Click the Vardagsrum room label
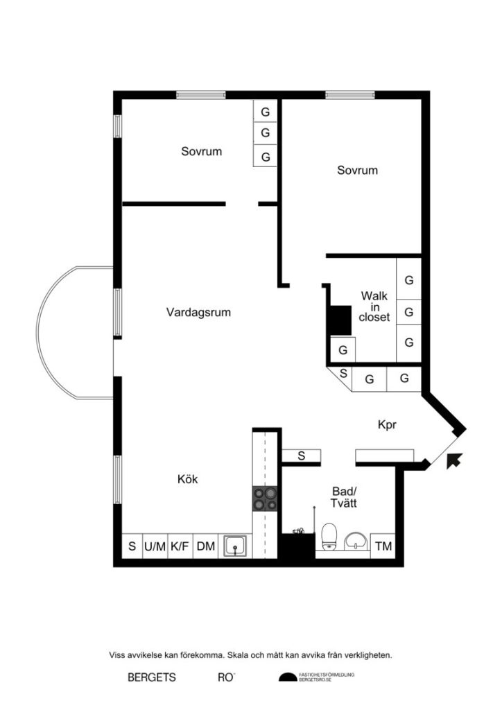click(198, 313)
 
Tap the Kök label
click(188, 479)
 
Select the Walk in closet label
click(375, 306)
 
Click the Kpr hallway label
click(387, 425)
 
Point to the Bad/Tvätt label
click(343, 497)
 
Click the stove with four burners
click(266, 498)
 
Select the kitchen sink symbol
click(236, 546)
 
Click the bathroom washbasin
click(356, 541)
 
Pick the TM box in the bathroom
click(383, 546)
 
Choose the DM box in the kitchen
click(205, 546)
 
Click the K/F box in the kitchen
click(180, 546)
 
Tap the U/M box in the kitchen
click(155, 546)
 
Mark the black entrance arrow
click(455, 460)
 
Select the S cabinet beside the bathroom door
click(302, 456)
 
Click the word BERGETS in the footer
click(152, 677)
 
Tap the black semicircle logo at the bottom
click(287, 677)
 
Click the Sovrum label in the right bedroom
click(357, 170)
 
